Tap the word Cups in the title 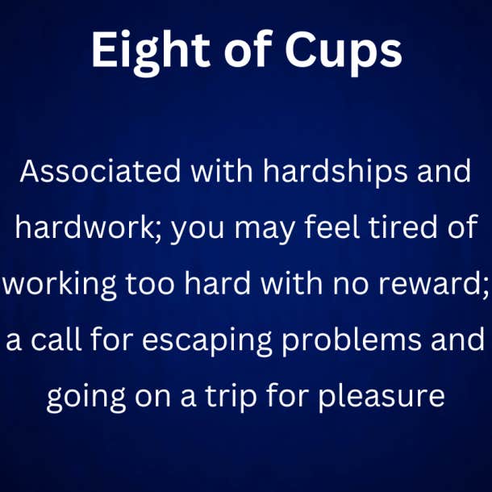344,52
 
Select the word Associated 100,171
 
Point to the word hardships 336,173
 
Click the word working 60,286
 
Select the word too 150,284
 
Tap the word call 56,339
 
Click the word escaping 206,341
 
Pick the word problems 352,341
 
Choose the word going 86,398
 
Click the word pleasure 382,398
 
